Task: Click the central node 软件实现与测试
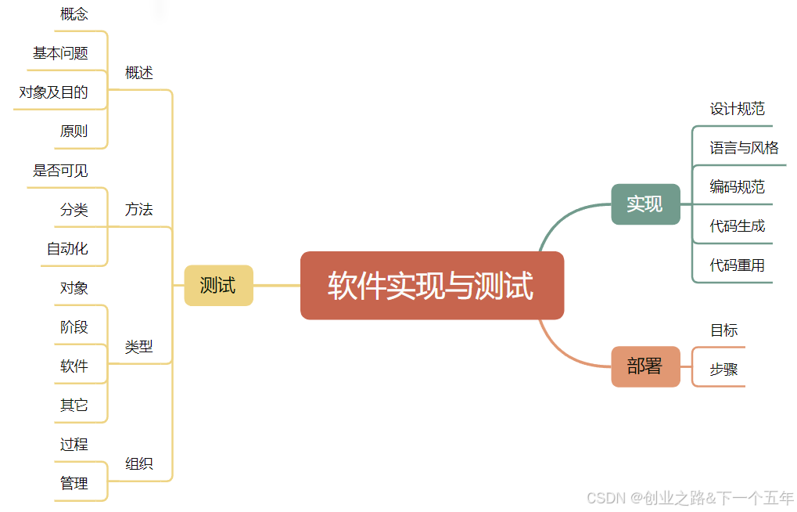click(432, 286)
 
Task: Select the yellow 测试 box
click(218, 286)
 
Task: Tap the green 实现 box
click(644, 204)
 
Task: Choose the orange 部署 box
click(644, 366)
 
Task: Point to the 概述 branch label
click(139, 73)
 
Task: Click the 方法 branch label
click(139, 210)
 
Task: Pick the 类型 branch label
click(139, 347)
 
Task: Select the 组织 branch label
click(139, 463)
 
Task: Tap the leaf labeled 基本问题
click(60, 53)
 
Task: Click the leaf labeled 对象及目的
click(53, 92)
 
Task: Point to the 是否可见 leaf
click(60, 171)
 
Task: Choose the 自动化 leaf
click(67, 249)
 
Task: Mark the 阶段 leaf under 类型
click(74, 327)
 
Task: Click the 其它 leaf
click(74, 406)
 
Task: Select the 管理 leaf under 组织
click(74, 484)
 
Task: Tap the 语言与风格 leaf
click(744, 148)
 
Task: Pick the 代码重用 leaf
click(737, 265)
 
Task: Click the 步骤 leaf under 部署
click(723, 370)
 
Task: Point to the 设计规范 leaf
click(737, 109)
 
